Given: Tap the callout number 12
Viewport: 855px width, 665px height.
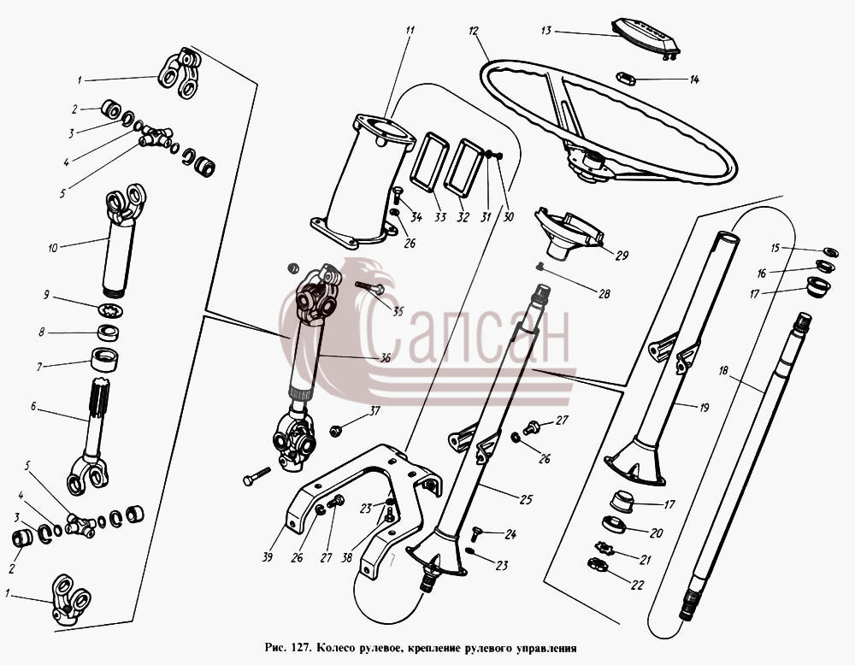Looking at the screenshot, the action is pos(474,32).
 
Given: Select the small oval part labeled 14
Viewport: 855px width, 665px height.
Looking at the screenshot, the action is pos(627,79).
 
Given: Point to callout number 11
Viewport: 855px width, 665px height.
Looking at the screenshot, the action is pos(410,30).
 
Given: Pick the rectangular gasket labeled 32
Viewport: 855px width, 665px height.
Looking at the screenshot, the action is pos(464,168).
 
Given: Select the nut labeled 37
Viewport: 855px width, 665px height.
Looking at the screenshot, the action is pos(335,431).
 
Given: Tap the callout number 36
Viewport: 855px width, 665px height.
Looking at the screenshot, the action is pos(386,358).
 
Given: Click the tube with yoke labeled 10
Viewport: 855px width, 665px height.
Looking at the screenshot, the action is pos(122,240).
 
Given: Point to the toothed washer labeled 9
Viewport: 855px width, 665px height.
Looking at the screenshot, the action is pos(110,310).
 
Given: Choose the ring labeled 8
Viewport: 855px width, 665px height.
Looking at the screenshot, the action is pos(109,332).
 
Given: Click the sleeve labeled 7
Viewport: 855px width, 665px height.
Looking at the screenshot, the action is pos(104,360).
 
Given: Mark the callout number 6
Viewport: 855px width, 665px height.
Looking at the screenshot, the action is pos(33,407).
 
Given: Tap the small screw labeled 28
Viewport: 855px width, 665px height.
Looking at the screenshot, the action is pos(540,266).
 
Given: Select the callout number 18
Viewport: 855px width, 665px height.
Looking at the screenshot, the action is pos(723,371).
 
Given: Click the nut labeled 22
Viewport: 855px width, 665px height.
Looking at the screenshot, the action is pos(598,565).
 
